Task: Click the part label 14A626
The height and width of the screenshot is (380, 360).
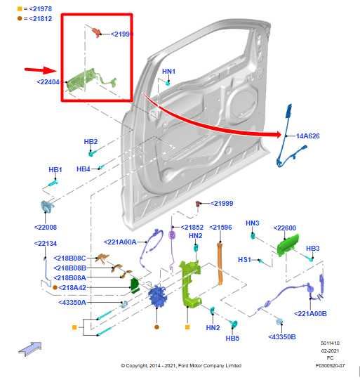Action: click(308, 136)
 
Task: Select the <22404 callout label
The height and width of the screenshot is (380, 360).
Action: click(48, 81)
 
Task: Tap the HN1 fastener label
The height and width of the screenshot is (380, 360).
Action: click(169, 72)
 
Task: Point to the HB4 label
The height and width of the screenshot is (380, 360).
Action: click(83, 169)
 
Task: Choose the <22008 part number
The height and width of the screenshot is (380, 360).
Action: click(46, 227)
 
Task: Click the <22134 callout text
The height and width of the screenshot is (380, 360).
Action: click(46, 244)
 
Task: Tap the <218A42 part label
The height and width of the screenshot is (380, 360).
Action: click(72, 287)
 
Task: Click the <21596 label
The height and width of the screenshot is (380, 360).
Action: click(220, 227)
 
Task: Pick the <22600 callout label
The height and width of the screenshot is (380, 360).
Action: click(284, 228)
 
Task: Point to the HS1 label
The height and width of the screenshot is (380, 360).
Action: click(244, 259)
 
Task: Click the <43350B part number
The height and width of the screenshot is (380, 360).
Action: click(282, 336)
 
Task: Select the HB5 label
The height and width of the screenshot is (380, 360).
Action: click(232, 338)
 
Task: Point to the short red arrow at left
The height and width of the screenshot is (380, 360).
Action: click(40, 70)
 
